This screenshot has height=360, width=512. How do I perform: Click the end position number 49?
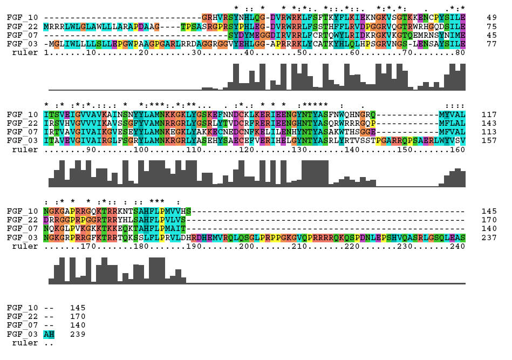(491, 18)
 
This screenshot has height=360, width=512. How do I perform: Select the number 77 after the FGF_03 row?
(491, 44)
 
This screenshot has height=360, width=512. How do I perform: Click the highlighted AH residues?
(49, 334)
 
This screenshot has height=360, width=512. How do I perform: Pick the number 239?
(78, 334)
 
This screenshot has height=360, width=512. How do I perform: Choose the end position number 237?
(489, 238)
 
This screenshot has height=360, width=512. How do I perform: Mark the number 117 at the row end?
(489, 114)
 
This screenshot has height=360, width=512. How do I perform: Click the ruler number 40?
(249, 52)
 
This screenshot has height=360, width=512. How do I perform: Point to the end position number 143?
(489, 124)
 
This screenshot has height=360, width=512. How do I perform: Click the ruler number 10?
(91, 52)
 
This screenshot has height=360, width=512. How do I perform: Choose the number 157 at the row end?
(489, 141)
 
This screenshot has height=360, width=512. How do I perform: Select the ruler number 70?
(407, 52)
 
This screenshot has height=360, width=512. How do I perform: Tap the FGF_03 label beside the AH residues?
(23, 334)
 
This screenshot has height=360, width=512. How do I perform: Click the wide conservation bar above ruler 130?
(315, 173)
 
